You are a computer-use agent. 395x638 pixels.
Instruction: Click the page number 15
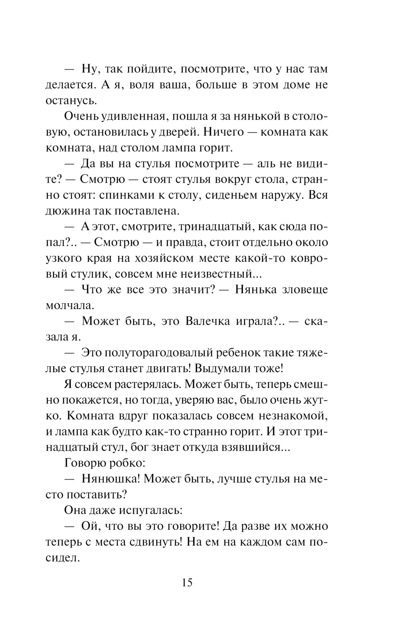[x=187, y=582]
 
